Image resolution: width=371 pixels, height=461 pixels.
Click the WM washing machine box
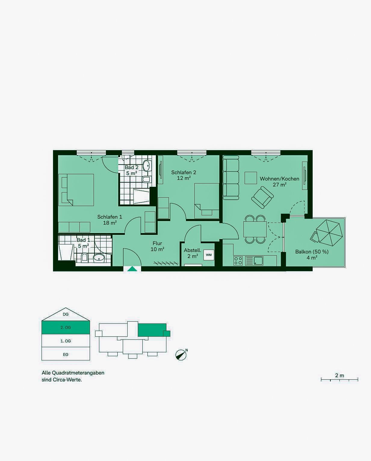[x=209, y=255]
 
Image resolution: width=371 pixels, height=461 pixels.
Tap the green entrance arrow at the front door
[x=132, y=269]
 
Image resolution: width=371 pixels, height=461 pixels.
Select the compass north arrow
[x=181, y=355]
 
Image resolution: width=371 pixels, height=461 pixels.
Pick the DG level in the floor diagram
[x=66, y=314]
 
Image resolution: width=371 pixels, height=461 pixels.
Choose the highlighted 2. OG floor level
[x=66, y=327]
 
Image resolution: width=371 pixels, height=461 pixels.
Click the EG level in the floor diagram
[x=66, y=354]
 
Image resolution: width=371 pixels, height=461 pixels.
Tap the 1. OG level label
[x=66, y=341]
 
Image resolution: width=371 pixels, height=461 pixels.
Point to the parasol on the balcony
[x=329, y=233]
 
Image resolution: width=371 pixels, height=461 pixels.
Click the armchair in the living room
[x=262, y=197]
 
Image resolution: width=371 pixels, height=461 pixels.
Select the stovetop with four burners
[x=238, y=261]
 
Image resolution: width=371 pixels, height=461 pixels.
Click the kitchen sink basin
[x=258, y=261]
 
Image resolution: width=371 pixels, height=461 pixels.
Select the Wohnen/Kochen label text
[x=280, y=179]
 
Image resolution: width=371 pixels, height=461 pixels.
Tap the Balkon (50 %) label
[x=312, y=252]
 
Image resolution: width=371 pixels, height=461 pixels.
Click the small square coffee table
[x=251, y=178]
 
